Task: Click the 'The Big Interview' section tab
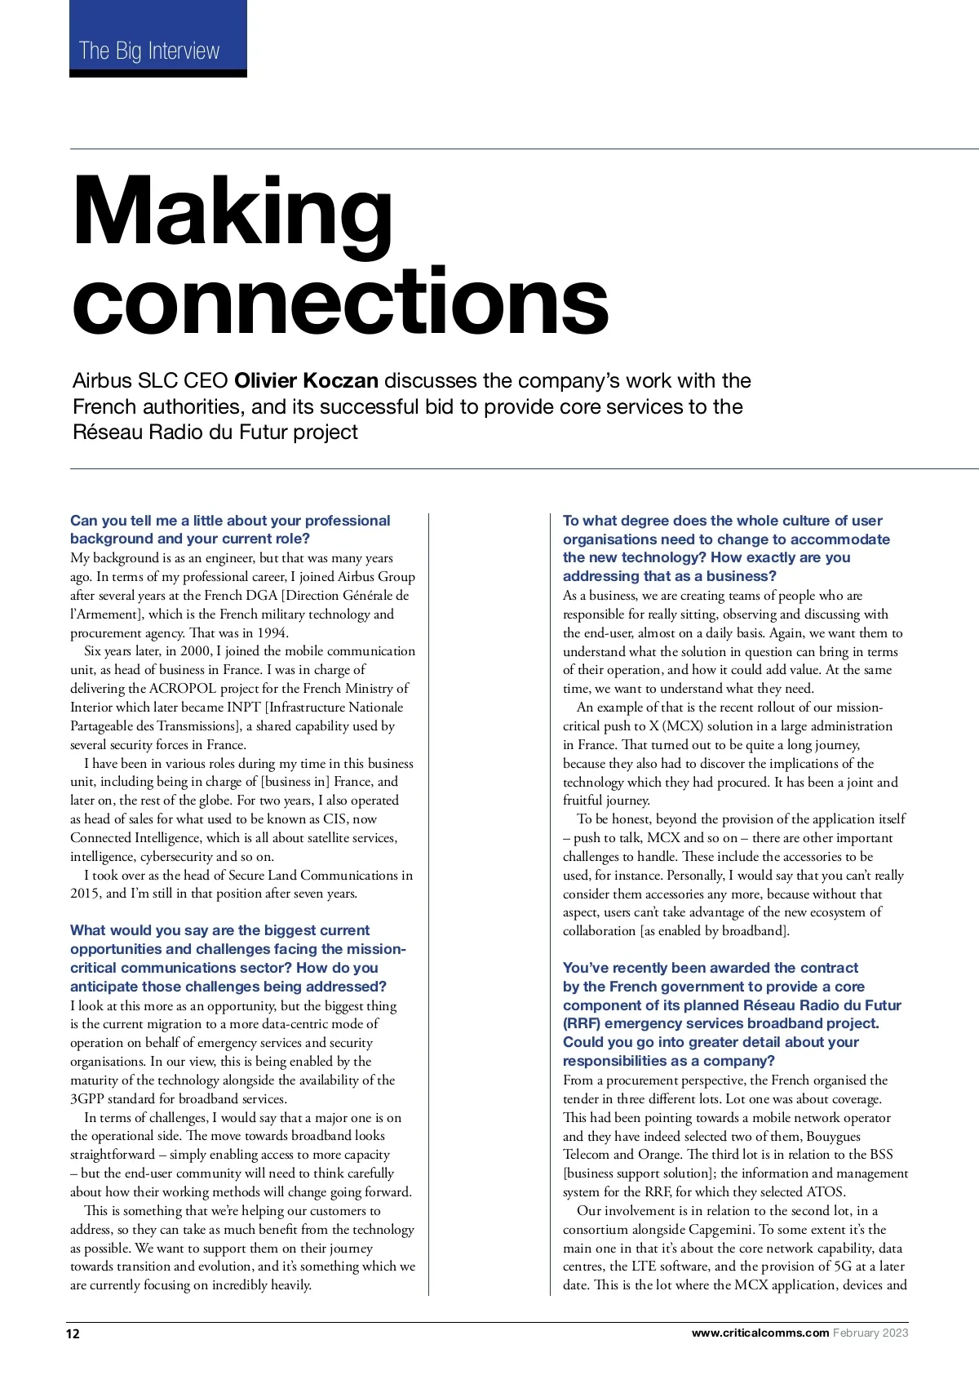(149, 51)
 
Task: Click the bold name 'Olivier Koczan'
(306, 381)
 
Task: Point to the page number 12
(73, 1333)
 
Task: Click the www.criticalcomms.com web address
(760, 1333)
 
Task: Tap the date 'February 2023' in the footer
(870, 1333)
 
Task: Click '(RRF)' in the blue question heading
(582, 1023)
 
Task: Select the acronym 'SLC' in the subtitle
(157, 381)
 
